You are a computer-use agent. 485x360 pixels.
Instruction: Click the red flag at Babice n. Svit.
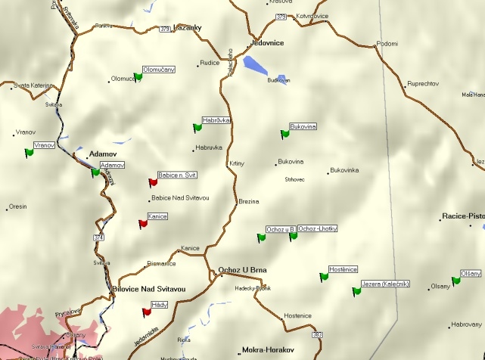coord(153,182)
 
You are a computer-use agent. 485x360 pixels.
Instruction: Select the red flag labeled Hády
coord(147,311)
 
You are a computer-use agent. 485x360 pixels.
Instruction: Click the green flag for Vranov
coord(29,152)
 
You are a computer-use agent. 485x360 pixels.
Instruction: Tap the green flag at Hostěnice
coord(324,276)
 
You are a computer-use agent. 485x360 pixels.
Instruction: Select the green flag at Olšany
coord(455,281)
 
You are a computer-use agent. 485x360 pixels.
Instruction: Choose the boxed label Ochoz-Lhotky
coord(318,228)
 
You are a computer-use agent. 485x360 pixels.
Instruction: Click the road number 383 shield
coord(317,334)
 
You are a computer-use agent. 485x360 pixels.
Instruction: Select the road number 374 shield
coord(98,237)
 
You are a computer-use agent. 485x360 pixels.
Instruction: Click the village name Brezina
coord(249,202)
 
